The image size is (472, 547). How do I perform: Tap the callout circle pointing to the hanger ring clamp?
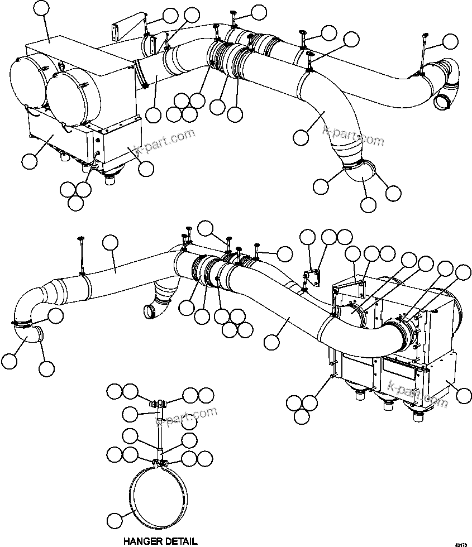(x=115, y=521)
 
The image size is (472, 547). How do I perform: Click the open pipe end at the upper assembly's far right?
(x=443, y=102)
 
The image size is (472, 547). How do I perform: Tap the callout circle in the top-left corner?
(x=42, y=9)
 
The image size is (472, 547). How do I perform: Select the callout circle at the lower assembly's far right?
(x=463, y=396)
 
